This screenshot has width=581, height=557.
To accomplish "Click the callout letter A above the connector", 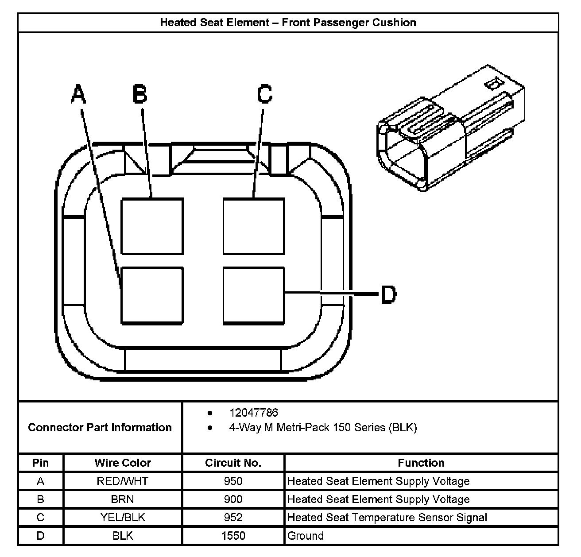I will [78, 95].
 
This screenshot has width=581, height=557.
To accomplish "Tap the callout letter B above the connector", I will [140, 95].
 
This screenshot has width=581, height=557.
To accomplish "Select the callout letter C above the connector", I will [265, 94].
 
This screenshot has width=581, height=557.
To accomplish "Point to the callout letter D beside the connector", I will [388, 294].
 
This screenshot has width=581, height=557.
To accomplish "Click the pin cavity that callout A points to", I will [152, 295].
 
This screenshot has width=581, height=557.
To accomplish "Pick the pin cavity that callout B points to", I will [152, 226].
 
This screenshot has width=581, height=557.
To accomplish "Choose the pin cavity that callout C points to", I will [254, 226].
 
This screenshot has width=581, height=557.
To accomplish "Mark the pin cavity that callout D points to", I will [254, 295].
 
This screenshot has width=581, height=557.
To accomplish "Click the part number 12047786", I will [253, 413].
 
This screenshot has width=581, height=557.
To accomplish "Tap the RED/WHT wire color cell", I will [123, 481].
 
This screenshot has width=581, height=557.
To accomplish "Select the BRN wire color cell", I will [123, 499].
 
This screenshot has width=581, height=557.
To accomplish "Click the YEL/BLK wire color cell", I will [123, 517].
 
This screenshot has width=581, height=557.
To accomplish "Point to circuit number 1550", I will [233, 536].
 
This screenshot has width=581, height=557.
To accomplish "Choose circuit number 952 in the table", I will [233, 517].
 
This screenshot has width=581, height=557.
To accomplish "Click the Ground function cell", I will [306, 536].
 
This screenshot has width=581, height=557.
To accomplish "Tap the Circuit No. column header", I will [233, 463].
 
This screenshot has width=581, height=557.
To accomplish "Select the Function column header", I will [421, 463].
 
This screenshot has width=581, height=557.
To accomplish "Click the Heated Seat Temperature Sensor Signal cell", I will [387, 517].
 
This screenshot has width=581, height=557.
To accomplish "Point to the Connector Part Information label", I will [100, 427].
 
